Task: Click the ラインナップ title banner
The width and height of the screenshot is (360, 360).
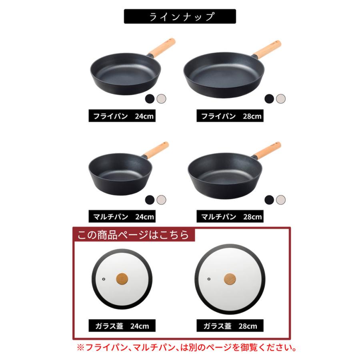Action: (180, 16)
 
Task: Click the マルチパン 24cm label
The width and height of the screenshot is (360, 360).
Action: (121, 217)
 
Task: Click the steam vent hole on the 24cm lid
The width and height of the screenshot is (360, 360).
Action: (103, 278)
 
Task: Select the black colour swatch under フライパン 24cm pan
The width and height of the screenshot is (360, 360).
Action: (150, 98)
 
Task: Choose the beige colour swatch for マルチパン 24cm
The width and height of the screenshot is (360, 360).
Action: (161, 199)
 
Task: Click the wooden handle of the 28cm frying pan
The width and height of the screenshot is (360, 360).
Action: (267, 48)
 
